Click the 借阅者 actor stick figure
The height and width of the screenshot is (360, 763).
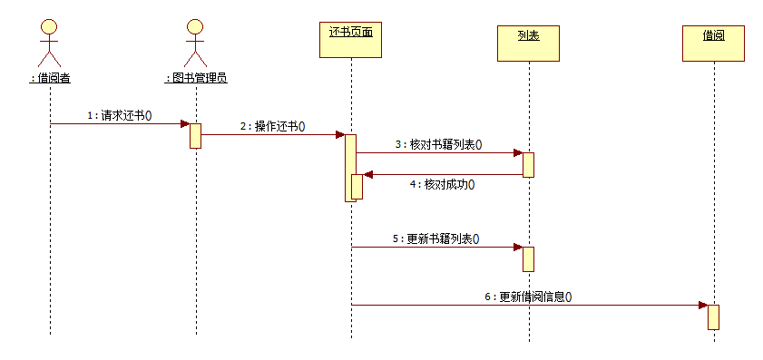point(50,41)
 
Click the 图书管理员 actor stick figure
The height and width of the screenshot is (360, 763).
point(195,41)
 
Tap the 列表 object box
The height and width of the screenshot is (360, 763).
point(528,43)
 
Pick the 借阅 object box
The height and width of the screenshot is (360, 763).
point(713,43)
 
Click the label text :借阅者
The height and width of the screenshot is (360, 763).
point(50,78)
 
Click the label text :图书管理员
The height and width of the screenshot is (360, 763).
point(195,78)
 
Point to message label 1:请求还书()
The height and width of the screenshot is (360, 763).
point(119,115)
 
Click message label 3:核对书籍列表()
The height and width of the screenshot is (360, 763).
point(438,144)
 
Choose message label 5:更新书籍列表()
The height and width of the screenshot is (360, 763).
point(435,238)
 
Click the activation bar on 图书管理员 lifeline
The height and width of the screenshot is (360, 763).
point(195,135)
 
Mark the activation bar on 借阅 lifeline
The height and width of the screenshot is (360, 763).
point(713,316)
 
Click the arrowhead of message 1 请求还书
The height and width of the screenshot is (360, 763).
point(184,123)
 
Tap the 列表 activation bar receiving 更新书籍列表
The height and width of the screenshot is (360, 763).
point(528,258)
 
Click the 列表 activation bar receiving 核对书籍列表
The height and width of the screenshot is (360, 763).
point(528,164)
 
